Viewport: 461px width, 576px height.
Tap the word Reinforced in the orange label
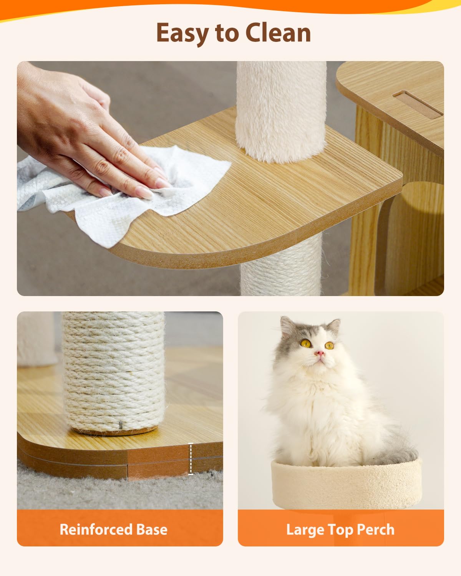[x=92, y=530]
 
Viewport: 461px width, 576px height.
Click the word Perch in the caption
[x=375, y=530]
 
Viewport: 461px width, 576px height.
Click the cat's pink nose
[x=320, y=353]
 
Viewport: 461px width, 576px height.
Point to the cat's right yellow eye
[x=330, y=345]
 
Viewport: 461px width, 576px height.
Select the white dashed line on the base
[x=191, y=459]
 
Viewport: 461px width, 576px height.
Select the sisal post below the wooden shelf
[x=281, y=269]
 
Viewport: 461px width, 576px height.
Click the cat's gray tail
[x=400, y=453]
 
